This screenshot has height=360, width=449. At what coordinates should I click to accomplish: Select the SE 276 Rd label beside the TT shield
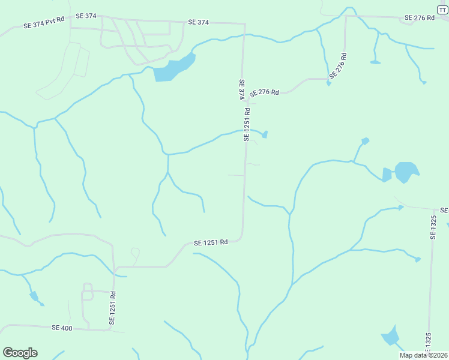420,18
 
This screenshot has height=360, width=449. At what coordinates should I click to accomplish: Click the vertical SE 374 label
241,90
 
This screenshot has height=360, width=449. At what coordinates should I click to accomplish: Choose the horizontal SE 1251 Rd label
211,243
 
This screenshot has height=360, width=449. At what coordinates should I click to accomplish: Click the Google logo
20,353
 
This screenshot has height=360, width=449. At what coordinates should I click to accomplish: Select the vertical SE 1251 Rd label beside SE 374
247,124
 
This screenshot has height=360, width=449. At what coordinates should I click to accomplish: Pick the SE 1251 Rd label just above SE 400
112,308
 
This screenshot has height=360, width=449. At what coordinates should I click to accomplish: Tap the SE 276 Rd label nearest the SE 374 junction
264,93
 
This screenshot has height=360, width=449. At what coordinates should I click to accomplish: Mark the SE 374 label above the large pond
198,22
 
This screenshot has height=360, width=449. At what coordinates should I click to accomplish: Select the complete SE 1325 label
433,228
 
